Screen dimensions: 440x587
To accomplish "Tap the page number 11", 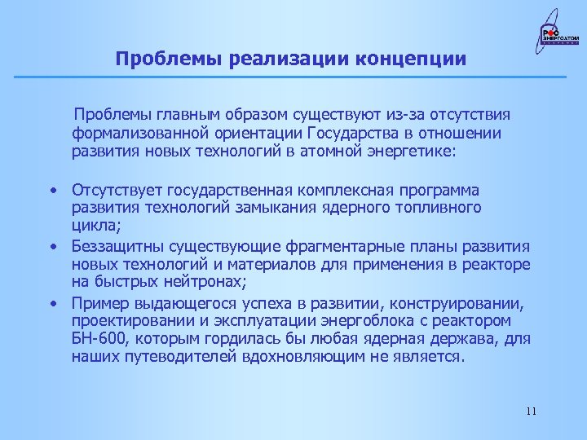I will point(531,411).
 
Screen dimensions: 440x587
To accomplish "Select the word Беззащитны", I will point(113,247).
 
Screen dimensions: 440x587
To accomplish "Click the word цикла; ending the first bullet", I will point(94,227).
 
